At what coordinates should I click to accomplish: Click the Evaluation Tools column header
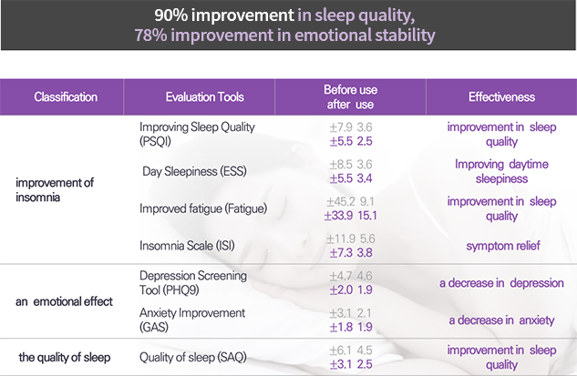(204, 97)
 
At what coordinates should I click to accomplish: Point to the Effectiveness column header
(501, 97)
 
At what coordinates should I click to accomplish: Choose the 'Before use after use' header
(350, 97)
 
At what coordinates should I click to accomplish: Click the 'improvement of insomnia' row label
(55, 190)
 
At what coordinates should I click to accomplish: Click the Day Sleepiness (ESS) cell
(196, 172)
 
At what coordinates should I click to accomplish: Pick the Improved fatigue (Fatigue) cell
(203, 208)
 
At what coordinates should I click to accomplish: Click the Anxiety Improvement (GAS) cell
(193, 320)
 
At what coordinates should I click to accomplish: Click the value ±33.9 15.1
(351, 216)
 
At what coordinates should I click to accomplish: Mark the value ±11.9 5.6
(351, 239)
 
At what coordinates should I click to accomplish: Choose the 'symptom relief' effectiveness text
(502, 246)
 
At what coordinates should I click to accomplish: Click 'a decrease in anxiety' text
(502, 320)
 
